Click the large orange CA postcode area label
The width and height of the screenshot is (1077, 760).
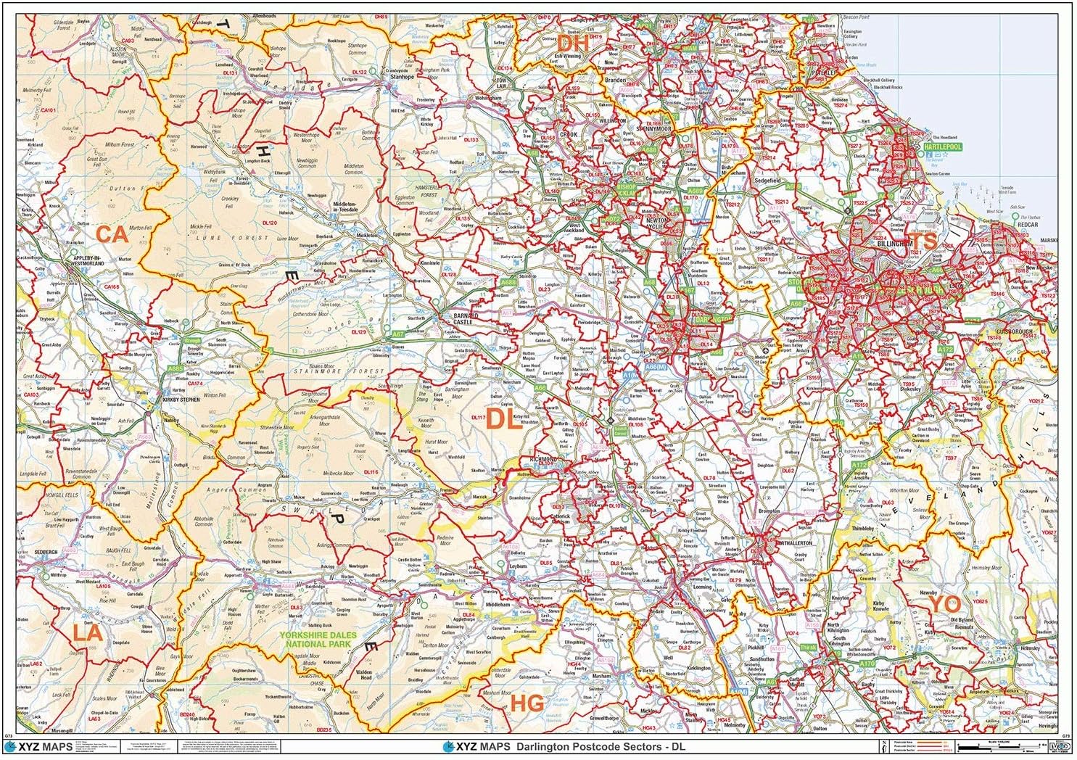pyautogui.click(x=113, y=234)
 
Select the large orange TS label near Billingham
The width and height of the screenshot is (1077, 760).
pyautogui.click(x=923, y=240)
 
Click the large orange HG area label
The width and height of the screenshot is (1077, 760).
pyautogui.click(x=527, y=702)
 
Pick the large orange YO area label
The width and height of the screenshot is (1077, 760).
pyautogui.click(x=945, y=603)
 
